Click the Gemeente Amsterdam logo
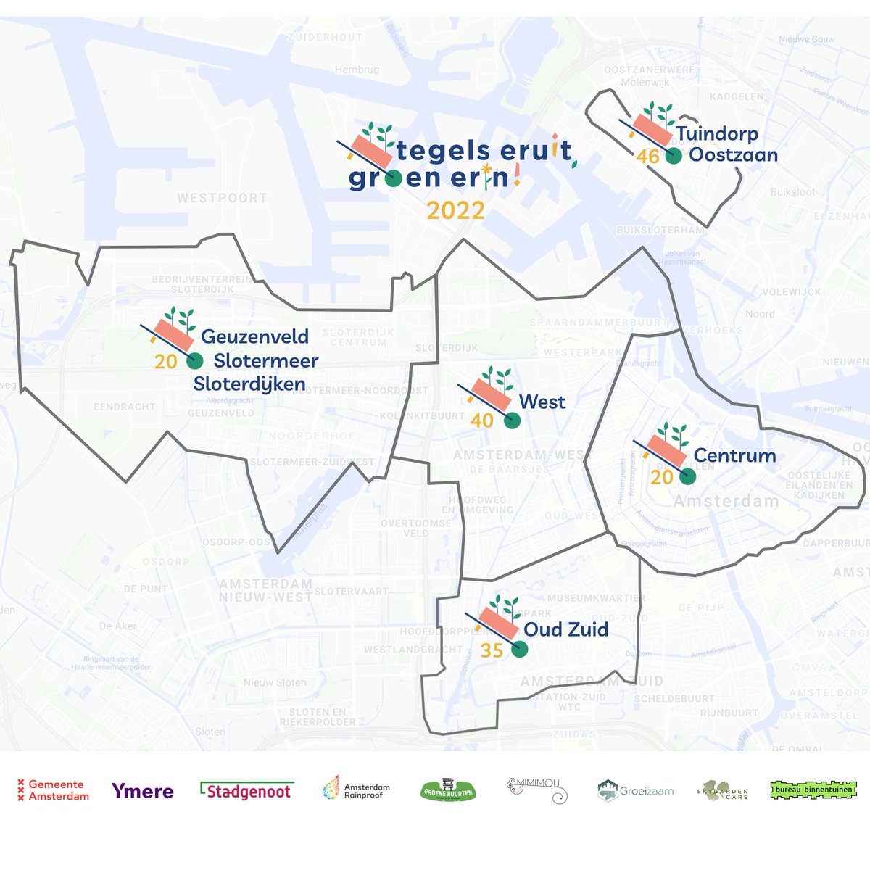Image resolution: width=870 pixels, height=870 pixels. [53, 790]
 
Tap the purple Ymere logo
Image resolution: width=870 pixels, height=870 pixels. [143, 791]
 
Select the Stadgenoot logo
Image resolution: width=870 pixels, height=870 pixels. [246, 791]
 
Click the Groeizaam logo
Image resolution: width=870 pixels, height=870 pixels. [636, 791]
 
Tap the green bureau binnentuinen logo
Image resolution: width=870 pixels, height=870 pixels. [806, 790]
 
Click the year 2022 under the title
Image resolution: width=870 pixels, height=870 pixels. [455, 210]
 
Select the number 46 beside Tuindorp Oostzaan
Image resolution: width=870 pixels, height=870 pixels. [648, 156]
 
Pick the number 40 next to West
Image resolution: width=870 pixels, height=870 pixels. [481, 420]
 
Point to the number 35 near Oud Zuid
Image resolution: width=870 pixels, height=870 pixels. [492, 650]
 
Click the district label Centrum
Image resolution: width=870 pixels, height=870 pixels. [734, 456]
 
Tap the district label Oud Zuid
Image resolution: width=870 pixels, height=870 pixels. [565, 629]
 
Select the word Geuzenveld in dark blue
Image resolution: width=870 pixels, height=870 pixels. [254, 336]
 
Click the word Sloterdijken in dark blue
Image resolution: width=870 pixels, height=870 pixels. [249, 384]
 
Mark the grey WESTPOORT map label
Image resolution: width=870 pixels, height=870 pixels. [222, 198]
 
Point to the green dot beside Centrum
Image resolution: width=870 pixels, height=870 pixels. [687, 476]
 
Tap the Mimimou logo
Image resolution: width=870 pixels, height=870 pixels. [536, 790]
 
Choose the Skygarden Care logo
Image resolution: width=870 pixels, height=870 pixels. [722, 791]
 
